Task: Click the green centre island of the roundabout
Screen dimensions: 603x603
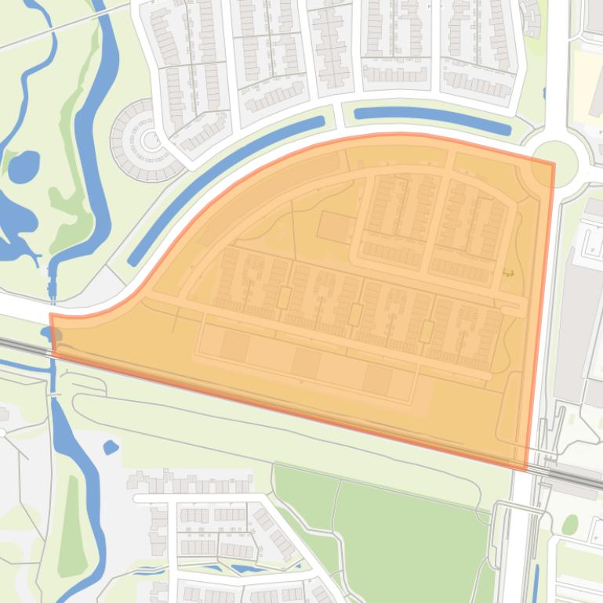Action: coord(554,164)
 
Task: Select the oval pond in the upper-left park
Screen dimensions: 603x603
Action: coord(24,165)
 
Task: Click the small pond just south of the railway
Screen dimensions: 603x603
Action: coord(111,447)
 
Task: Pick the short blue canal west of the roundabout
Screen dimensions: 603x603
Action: coord(432,117)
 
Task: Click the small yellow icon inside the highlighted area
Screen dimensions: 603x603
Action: coord(508,274)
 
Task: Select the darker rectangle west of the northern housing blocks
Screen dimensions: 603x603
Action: coord(336,227)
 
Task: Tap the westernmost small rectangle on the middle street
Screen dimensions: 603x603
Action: coord(284,298)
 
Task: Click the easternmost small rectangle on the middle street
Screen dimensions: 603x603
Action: coord(427,332)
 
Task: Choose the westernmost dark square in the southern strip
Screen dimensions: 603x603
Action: coord(234,345)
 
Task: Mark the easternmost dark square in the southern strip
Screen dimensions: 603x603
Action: coord(378,381)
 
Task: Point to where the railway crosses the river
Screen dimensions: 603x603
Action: coord(53,350)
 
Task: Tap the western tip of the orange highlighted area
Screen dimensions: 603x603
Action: coord(52,316)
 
